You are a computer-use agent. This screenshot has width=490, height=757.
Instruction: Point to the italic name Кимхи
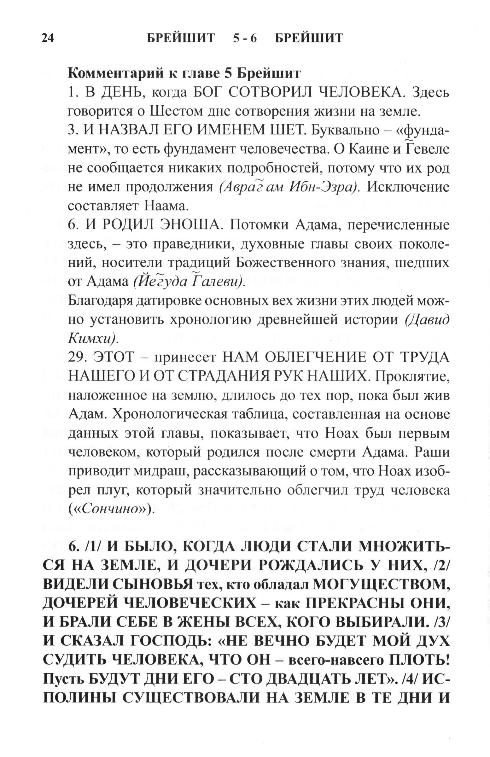tap(93, 338)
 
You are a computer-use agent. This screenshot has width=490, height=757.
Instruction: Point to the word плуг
tap(111, 491)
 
